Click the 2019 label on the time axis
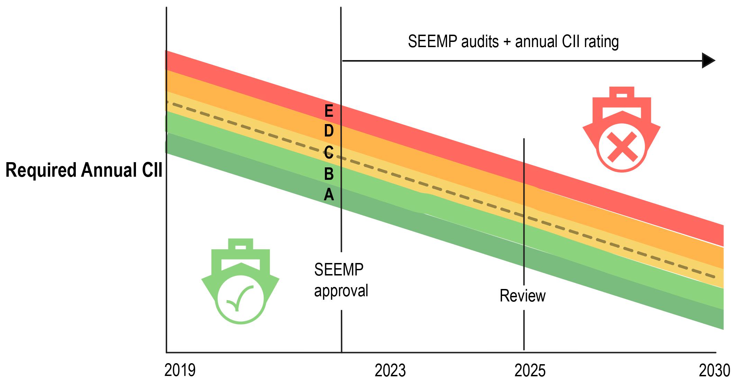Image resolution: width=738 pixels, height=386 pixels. click(180, 370)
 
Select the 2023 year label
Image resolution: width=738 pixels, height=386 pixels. click(390, 370)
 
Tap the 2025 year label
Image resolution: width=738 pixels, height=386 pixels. click(530, 370)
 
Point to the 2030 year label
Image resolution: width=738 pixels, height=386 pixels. click(714, 370)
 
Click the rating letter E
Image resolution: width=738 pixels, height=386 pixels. click(329, 111)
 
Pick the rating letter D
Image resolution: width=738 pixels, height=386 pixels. click(329, 131)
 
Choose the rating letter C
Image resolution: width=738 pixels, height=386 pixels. click(329, 152)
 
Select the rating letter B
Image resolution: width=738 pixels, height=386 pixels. click(329, 174)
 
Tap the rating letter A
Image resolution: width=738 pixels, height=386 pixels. click(329, 195)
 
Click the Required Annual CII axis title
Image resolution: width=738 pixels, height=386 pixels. click(84, 170)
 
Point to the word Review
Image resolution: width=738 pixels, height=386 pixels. click(522, 296)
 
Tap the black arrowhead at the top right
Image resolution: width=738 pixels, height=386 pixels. click(708, 61)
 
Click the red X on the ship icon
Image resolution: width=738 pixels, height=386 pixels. click(622, 147)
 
